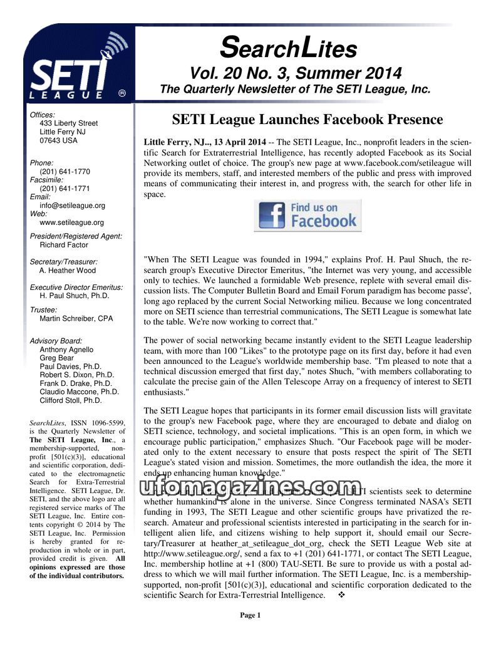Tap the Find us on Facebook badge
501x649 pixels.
[307, 215]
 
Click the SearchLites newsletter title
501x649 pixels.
[289, 48]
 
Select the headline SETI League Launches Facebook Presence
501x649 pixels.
[307, 119]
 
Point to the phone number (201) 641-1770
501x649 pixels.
[65, 172]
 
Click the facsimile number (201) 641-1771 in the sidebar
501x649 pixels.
[65, 188]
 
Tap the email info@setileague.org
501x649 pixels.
[72, 205]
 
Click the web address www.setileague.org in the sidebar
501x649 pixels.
[71, 222]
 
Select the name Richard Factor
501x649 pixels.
[64, 245]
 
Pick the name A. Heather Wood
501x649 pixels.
[68, 271]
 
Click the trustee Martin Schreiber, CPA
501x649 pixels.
[76, 318]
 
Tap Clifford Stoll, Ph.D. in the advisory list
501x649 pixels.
[70, 400]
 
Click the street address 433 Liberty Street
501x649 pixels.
[69, 123]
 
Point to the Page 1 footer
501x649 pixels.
[250, 615]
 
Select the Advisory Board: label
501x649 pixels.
[56, 341]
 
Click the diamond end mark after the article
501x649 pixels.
[342, 595]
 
